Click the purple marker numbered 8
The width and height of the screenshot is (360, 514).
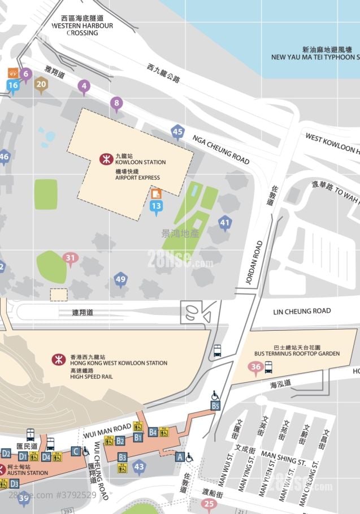[117, 103]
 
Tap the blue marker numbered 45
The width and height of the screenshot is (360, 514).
[178, 132]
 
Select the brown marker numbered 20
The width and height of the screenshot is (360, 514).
[41, 85]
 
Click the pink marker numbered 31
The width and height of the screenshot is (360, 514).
[70, 259]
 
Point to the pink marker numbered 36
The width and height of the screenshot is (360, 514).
[255, 368]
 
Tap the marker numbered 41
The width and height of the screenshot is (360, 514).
[225, 223]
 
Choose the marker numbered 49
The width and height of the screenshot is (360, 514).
[120, 279]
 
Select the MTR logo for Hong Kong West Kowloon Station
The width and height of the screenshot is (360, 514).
[57, 359]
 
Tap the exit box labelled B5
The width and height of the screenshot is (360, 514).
[215, 405]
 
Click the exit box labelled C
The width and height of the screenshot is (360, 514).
[75, 451]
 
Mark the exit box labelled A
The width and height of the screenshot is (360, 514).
[180, 457]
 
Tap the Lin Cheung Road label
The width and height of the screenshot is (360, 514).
[302, 311]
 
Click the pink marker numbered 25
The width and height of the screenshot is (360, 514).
[209, 503]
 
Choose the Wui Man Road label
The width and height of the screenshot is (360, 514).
[103, 434]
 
